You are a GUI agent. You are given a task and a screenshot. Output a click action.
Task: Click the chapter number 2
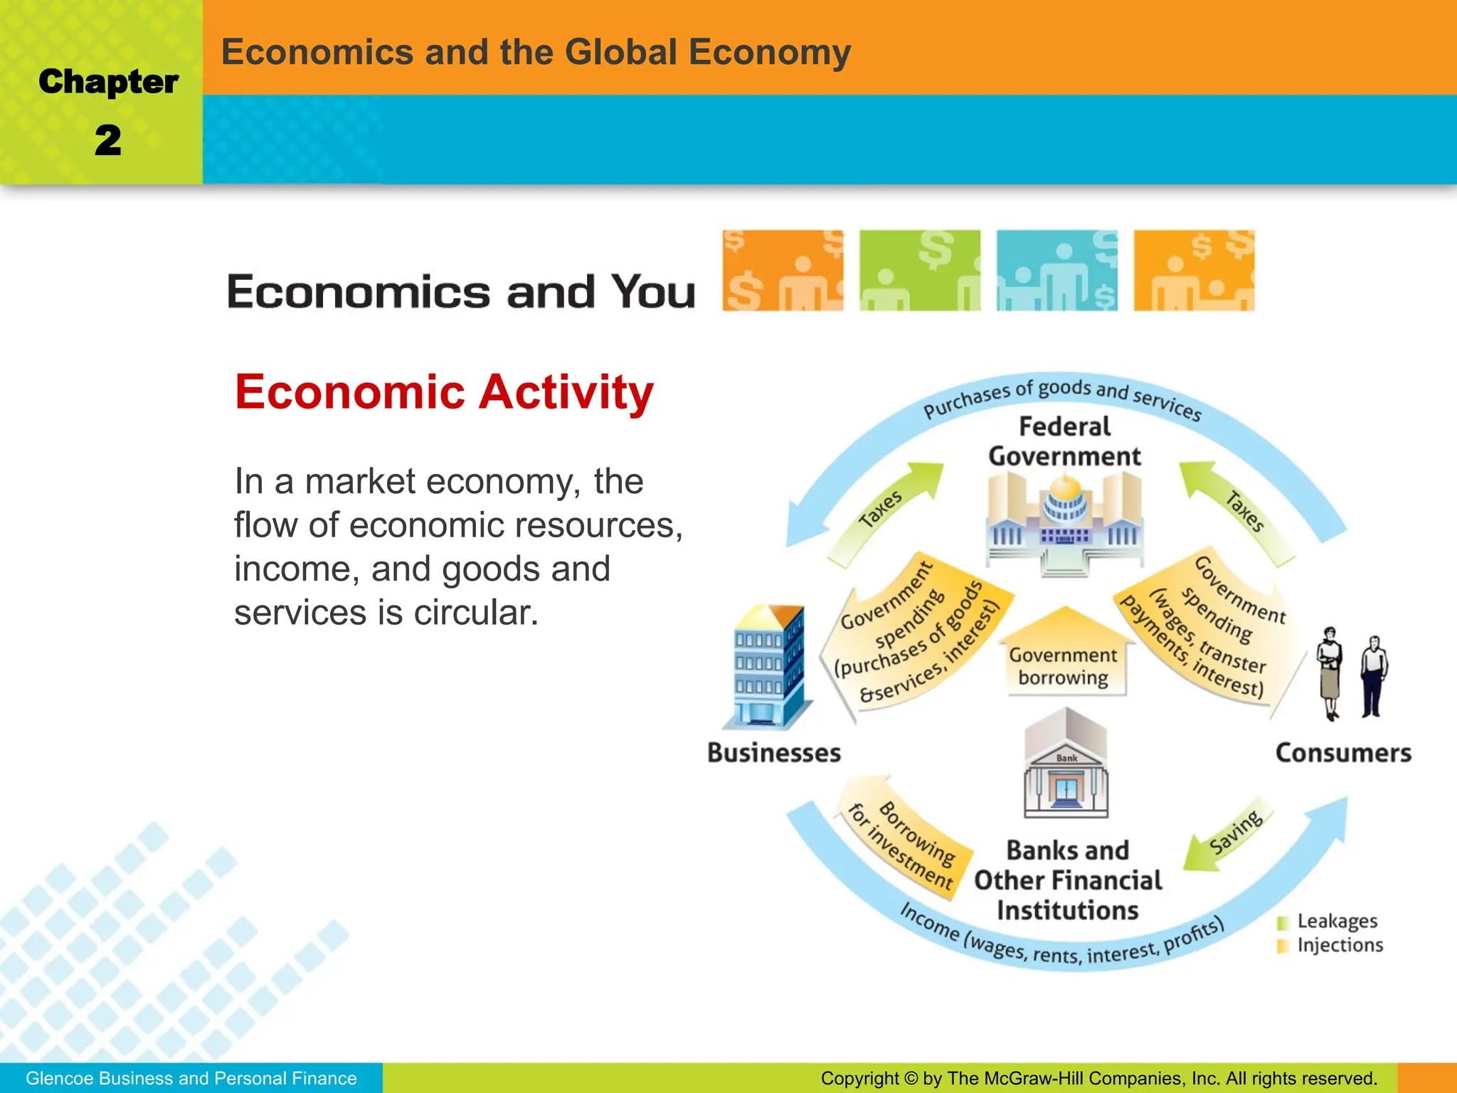[x=108, y=140]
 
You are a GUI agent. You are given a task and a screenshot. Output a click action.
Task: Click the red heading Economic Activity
[x=444, y=392]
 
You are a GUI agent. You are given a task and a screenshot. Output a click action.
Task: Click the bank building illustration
[x=1066, y=764]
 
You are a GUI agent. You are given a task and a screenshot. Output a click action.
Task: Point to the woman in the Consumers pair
[x=1329, y=672]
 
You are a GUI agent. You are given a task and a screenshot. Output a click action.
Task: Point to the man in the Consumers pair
[x=1373, y=675]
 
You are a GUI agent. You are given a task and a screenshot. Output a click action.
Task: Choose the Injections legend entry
[x=1330, y=946]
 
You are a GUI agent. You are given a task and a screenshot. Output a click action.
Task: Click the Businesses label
[x=774, y=753]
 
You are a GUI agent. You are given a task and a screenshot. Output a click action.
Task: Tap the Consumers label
[x=1343, y=753]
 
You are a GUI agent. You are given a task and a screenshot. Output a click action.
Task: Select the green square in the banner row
[x=919, y=270]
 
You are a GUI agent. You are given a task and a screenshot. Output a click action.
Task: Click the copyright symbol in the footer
[x=911, y=1079]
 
